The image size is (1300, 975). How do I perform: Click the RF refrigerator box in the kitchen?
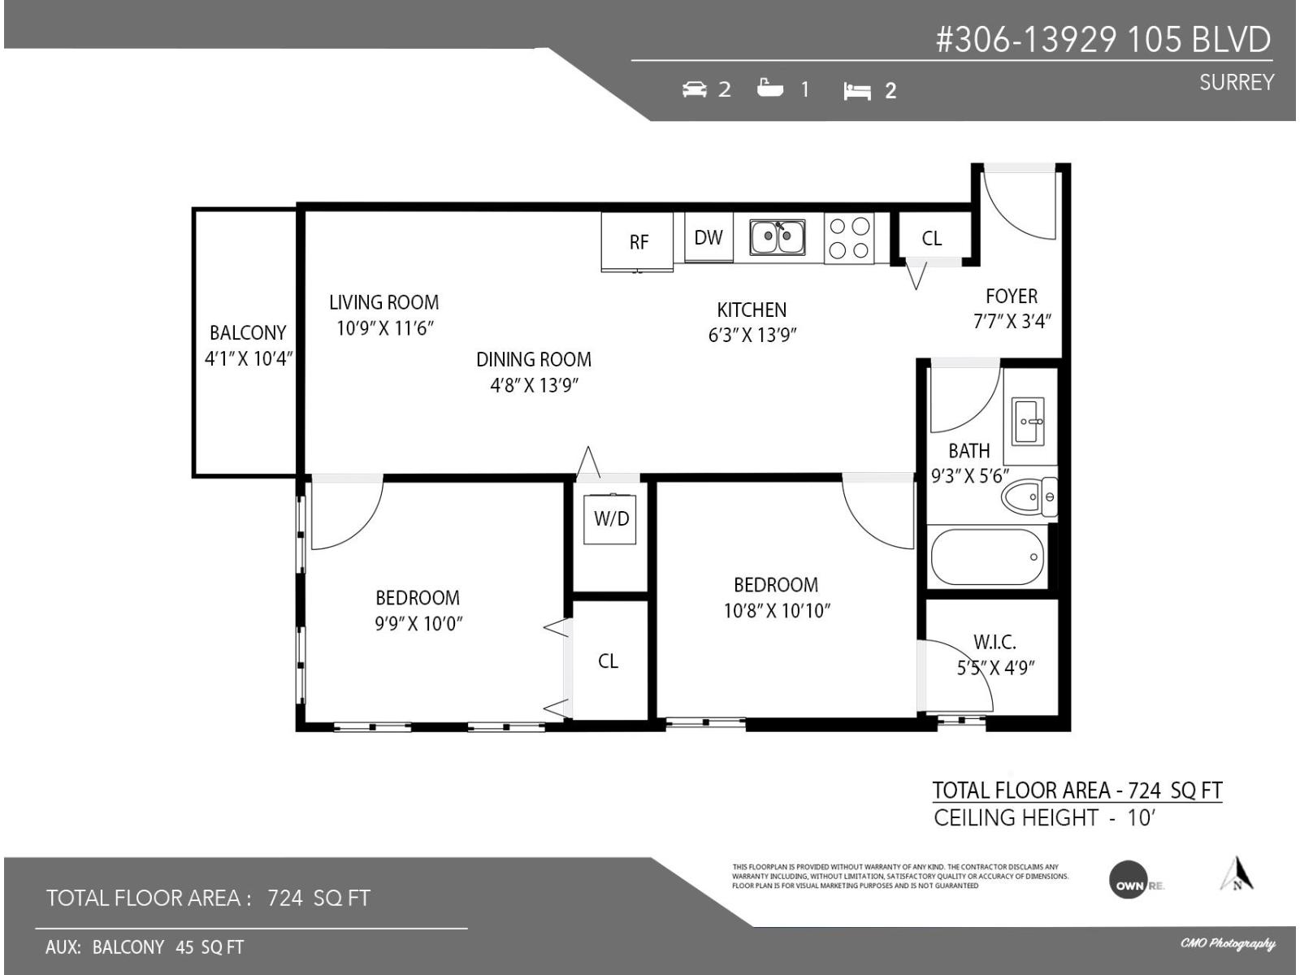638,241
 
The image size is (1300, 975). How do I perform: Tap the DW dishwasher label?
708,237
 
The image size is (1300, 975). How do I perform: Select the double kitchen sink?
778,237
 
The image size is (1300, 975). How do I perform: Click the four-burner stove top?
850,238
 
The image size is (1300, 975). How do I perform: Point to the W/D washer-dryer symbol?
610,518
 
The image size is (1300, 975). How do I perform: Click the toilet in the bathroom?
1029,496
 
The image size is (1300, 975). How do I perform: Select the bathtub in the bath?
988,557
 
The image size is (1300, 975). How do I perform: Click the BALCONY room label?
248,332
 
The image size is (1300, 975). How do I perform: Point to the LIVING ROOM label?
383,302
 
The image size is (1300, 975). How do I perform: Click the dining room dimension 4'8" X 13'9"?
534,385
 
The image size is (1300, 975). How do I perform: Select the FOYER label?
1012,296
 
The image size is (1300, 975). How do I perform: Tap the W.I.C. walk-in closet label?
994,643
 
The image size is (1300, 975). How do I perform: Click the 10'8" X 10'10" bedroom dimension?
776,611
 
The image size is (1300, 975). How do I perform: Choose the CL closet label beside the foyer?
932,238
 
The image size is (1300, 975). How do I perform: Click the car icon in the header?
695,89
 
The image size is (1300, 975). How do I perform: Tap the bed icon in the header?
856,91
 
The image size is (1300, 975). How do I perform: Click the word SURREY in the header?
1236,82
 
